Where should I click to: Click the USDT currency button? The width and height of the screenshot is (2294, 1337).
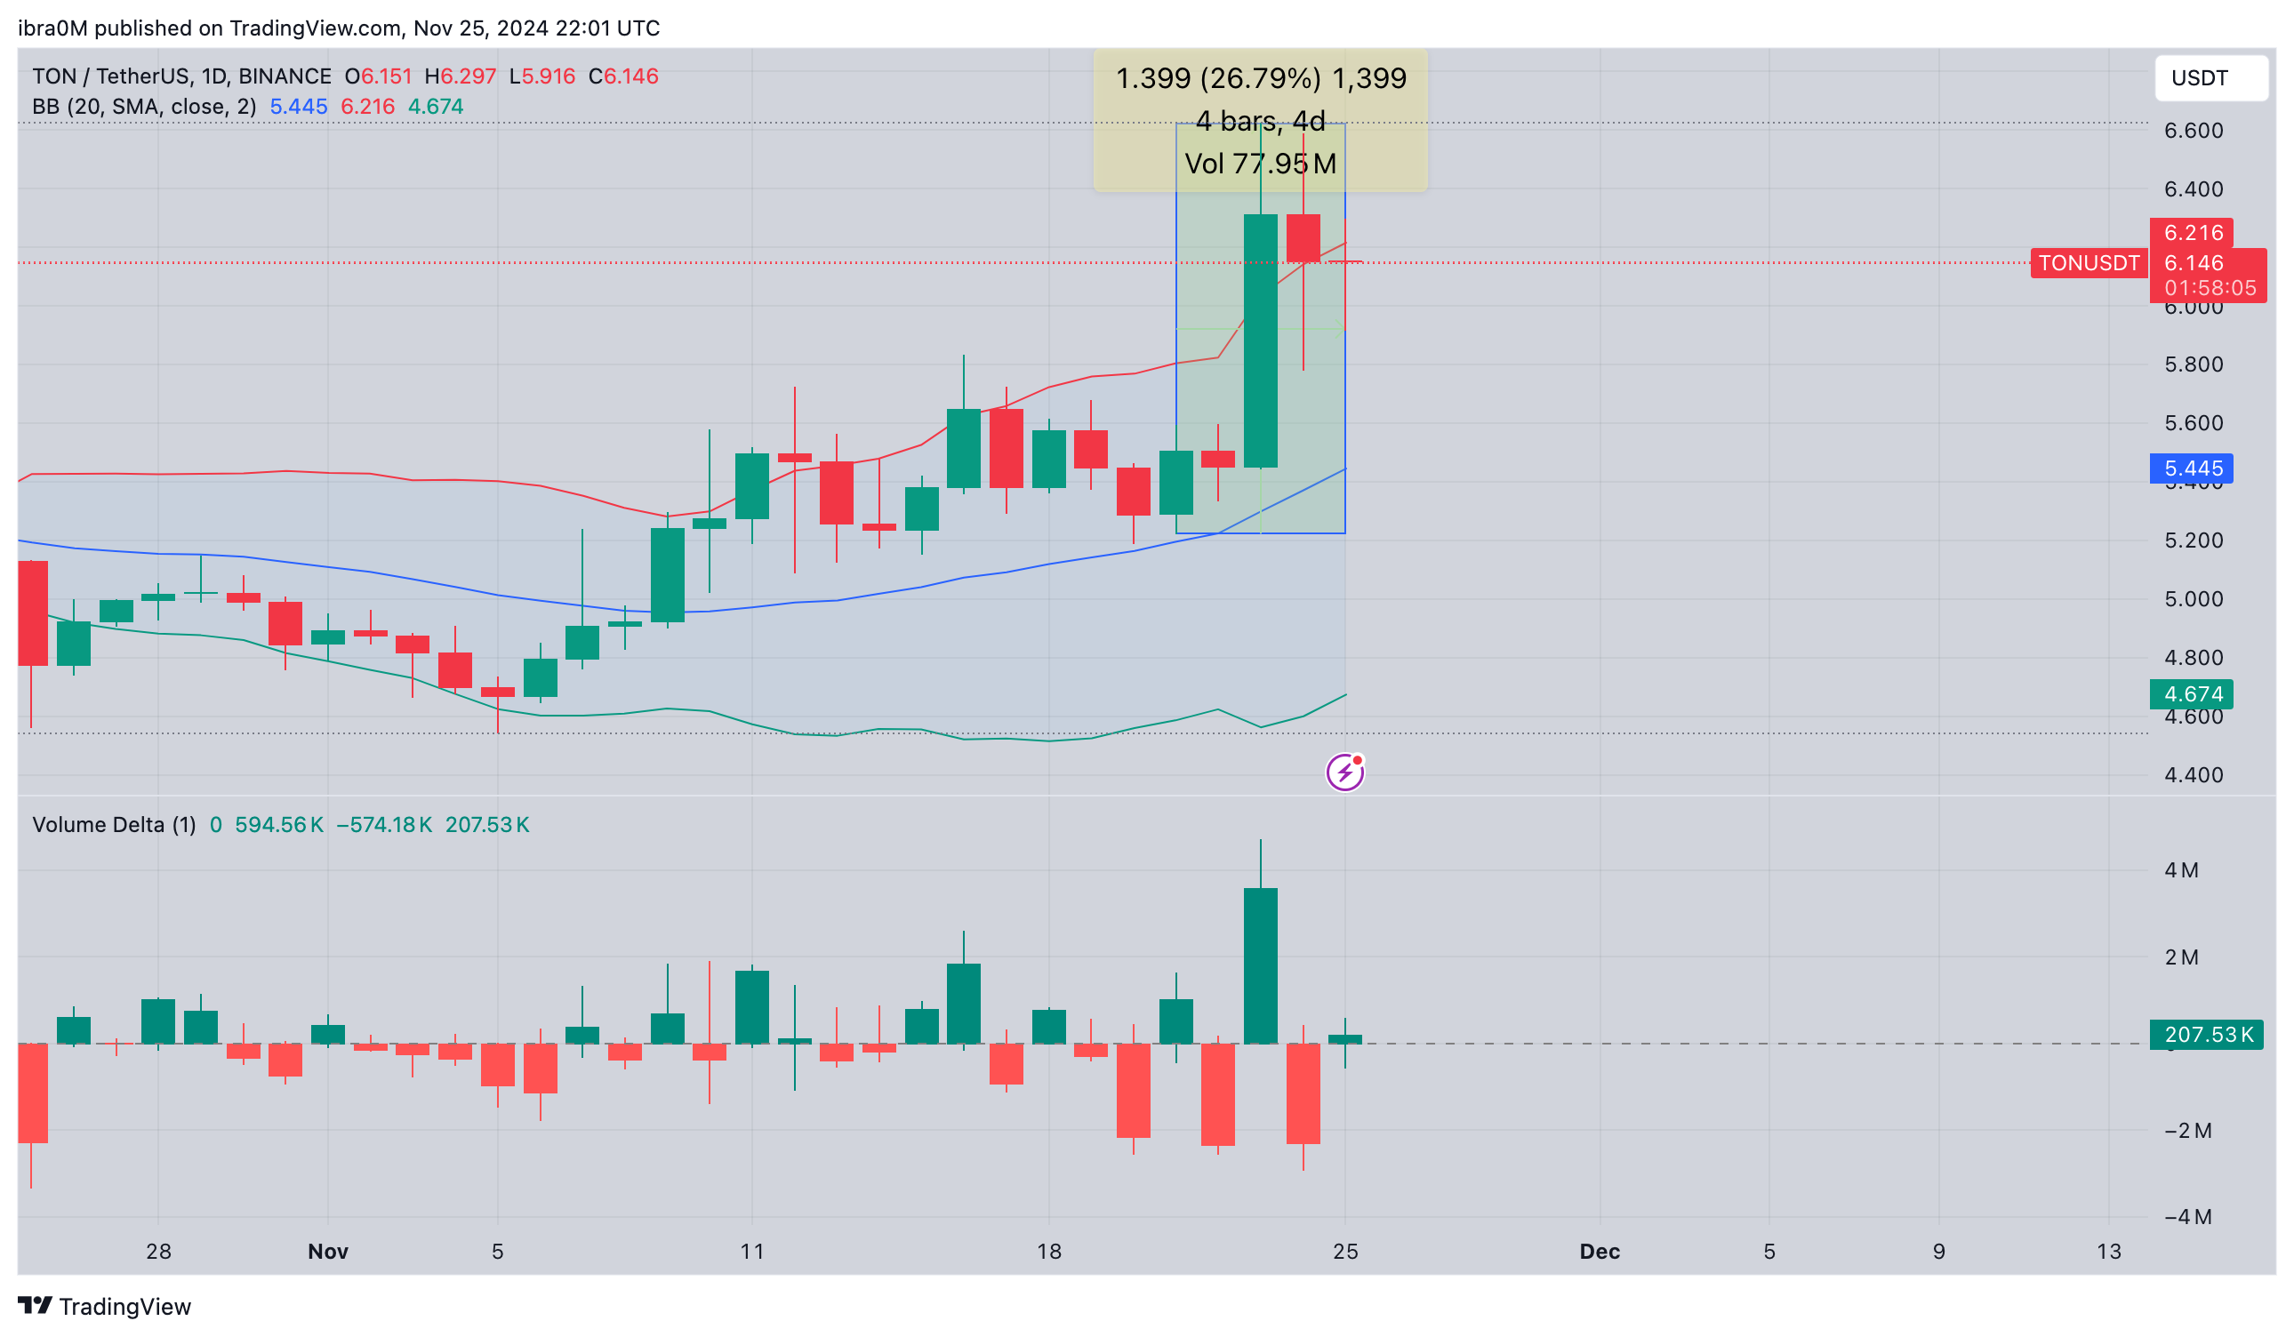2210,78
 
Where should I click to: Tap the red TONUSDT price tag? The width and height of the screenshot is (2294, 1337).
2089,264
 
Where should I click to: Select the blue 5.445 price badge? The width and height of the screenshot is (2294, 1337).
2191,469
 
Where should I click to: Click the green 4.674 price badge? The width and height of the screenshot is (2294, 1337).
2191,695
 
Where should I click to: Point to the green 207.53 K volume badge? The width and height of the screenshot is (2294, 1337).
2207,1036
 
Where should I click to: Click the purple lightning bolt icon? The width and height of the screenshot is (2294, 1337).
1345,773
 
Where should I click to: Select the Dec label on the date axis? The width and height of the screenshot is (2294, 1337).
1600,1253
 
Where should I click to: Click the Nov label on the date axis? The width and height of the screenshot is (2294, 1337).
328,1253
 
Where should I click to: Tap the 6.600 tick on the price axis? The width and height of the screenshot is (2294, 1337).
2193,131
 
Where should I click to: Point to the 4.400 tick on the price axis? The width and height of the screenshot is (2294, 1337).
2193,775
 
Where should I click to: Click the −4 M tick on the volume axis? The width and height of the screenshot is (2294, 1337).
2187,1218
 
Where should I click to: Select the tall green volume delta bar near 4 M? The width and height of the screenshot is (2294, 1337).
1261,965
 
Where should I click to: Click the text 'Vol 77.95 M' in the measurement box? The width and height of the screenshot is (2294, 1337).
1261,164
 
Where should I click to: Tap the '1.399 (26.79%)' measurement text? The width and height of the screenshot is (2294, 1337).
1218,79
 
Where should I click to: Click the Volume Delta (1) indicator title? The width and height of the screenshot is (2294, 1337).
114,826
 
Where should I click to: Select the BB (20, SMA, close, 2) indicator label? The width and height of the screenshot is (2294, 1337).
144,108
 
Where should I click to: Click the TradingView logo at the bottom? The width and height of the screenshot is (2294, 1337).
105,1307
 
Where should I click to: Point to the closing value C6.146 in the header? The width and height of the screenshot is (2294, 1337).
623,76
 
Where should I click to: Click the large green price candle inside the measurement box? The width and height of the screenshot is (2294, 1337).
1261,341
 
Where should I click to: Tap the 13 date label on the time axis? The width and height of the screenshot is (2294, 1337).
2108,1253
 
